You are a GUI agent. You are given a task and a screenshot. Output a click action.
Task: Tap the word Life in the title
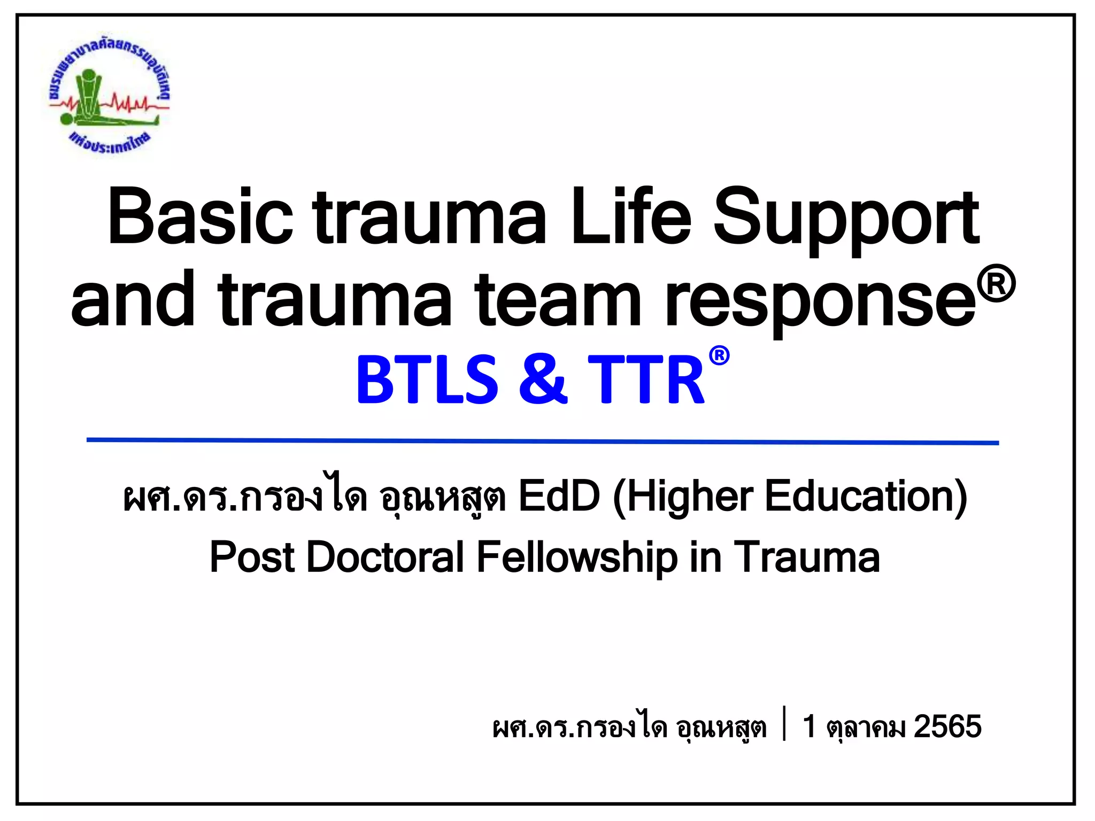click(631, 217)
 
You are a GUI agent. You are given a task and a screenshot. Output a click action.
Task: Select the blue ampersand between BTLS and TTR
click(543, 380)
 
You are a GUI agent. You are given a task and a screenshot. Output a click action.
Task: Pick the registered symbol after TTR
click(719, 355)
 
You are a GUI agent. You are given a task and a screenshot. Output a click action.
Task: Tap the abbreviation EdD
click(559, 497)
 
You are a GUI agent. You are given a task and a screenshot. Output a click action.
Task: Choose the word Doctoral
click(385, 557)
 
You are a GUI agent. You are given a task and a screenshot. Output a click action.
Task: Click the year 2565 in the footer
click(947, 726)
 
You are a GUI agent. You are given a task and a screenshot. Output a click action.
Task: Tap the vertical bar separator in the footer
click(784, 724)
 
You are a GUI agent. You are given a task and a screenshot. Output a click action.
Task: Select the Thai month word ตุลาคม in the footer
click(866, 728)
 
